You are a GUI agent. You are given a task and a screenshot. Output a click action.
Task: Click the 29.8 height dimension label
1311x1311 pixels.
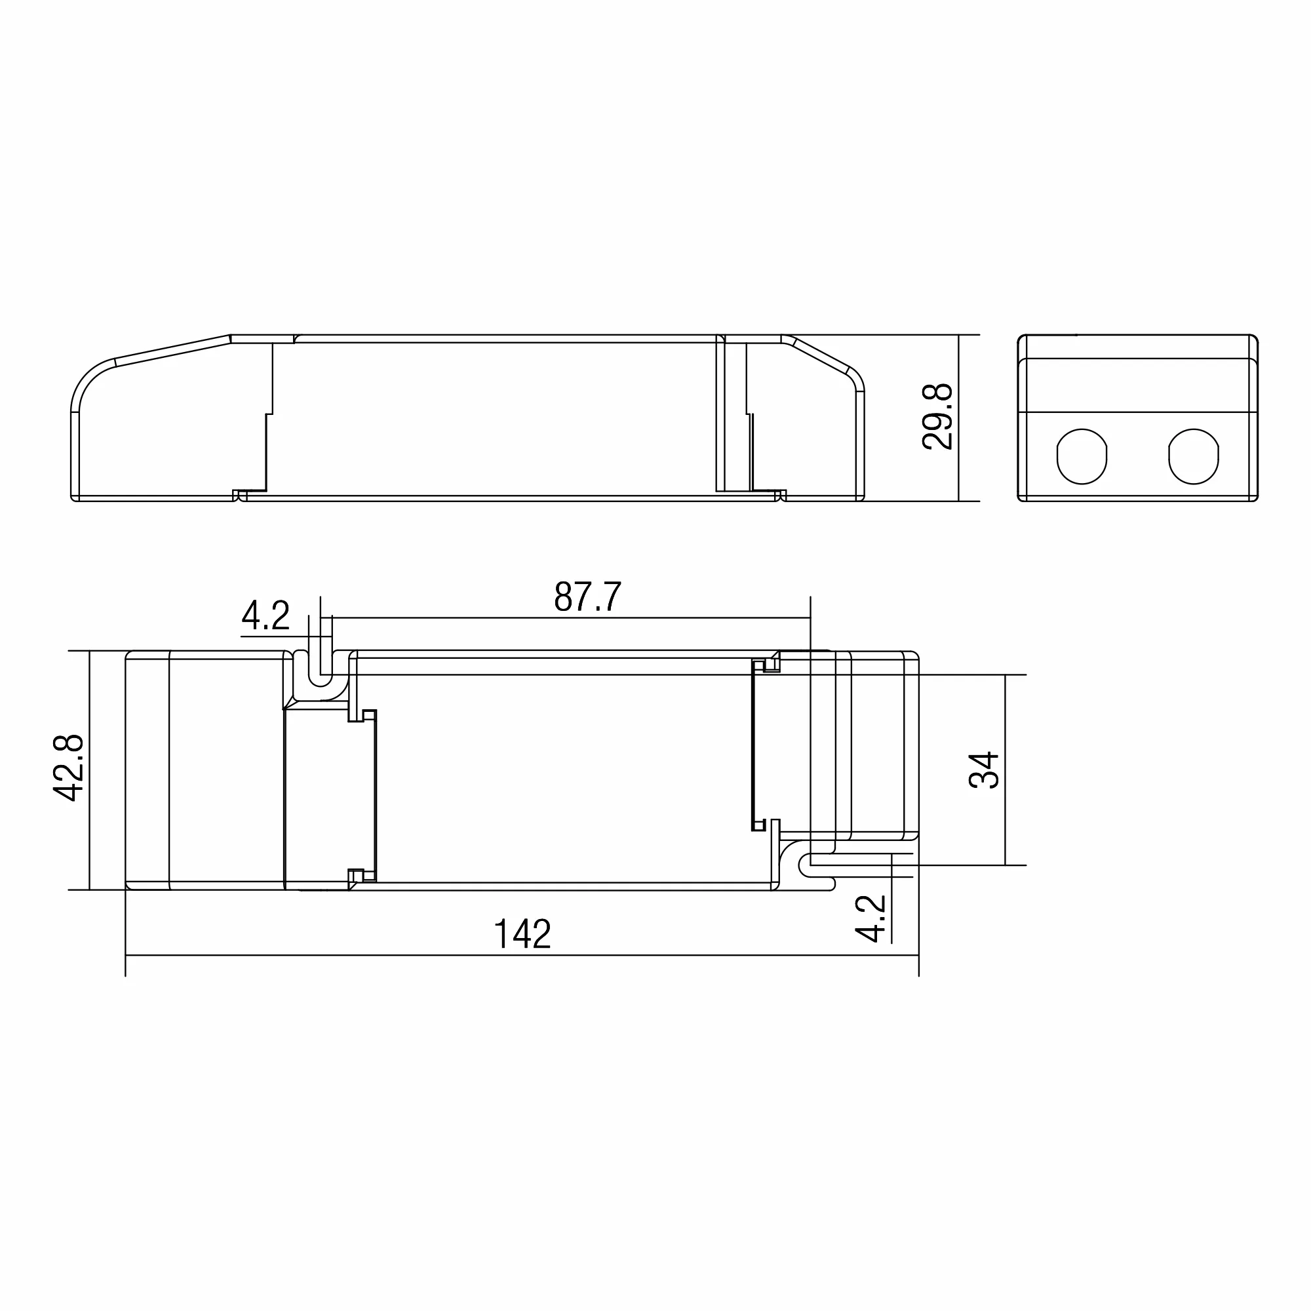pos(938,417)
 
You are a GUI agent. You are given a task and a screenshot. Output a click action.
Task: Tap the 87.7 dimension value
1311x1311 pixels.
pos(587,597)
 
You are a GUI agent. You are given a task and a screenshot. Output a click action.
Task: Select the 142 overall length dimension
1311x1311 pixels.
pos(522,934)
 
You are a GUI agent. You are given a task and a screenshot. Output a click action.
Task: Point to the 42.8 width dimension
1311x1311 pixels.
pos(69,768)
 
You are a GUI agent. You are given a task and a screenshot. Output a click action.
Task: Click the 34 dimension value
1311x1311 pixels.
pos(984,770)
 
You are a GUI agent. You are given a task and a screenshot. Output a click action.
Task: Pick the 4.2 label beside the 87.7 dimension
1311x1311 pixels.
pos(265,616)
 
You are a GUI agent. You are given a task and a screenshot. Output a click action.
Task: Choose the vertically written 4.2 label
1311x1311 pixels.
pos(871,918)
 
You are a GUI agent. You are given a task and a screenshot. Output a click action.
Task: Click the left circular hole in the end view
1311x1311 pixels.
pos(1082,456)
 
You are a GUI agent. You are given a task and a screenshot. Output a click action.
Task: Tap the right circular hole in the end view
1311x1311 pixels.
pos(1194,456)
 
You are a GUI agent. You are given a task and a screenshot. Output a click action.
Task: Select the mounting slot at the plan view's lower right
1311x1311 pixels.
pos(817,866)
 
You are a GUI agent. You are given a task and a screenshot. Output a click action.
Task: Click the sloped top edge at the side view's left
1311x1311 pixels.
pos(173,349)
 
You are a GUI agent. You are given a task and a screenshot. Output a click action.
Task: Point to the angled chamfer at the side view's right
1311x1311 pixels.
pos(821,353)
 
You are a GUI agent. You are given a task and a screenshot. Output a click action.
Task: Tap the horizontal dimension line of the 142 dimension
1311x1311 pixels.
pos(522,956)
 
